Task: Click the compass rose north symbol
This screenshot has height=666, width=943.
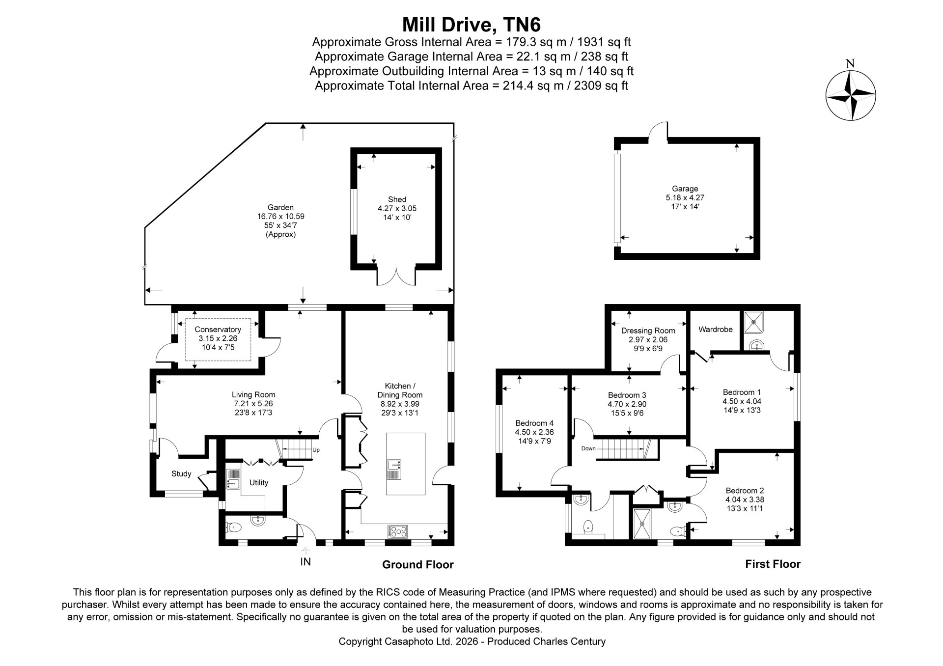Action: (850, 95)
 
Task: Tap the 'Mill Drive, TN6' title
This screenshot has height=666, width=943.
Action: (471, 24)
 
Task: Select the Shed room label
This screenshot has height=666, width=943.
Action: (397, 199)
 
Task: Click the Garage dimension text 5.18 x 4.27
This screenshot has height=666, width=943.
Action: (685, 197)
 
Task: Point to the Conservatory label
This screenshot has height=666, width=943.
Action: (218, 330)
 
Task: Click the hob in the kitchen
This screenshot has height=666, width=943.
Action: (398, 531)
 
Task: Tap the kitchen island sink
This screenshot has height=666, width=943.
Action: (394, 470)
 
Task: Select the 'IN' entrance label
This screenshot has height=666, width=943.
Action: (305, 562)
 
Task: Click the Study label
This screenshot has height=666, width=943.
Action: (181, 474)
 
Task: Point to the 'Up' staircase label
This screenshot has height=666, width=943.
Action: (316, 449)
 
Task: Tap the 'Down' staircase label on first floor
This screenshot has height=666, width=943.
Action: (588, 448)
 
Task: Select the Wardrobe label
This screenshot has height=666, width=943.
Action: (716, 330)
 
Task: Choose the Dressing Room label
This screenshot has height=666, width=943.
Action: (648, 331)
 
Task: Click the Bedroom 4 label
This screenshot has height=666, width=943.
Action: (534, 423)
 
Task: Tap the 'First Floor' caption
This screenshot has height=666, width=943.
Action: (773, 564)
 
